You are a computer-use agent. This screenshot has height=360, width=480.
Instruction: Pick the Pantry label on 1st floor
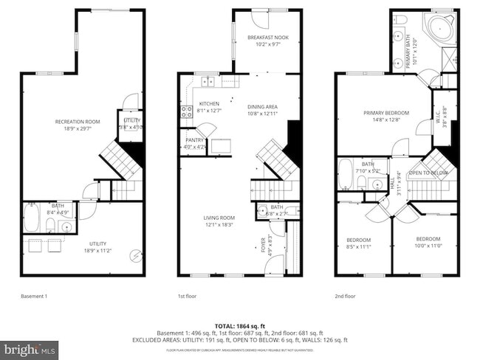tap(195, 143)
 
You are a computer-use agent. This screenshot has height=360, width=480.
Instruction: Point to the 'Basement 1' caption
tap(34, 297)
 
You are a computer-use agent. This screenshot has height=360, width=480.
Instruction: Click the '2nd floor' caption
tap(345, 297)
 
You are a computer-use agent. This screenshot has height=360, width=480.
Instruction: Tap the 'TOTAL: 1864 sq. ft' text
tap(239, 325)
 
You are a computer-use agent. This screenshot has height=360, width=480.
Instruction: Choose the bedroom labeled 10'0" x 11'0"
tap(428, 243)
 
